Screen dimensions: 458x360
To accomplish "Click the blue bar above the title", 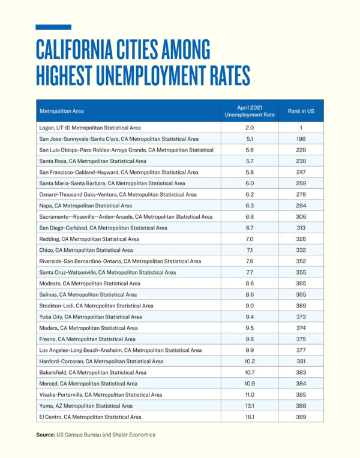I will click(53, 27).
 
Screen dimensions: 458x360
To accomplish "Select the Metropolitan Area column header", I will click(62, 111).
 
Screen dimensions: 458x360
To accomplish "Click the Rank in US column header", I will click(301, 111).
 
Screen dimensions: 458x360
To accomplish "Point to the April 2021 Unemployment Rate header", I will click(250, 111).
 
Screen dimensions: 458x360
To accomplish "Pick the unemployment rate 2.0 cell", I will click(250, 128).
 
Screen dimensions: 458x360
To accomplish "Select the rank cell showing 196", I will click(301, 139).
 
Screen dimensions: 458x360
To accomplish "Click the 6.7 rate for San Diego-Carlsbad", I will click(250, 228).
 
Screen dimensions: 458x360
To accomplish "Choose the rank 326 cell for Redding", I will click(301, 239).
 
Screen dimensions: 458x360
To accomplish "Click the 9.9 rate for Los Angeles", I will click(250, 350).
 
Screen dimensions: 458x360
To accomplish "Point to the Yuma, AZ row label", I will click(86, 406).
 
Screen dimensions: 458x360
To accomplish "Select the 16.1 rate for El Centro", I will click(250, 417).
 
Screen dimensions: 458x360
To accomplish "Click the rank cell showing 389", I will click(301, 417).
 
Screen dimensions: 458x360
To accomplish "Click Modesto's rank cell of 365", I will click(301, 284).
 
